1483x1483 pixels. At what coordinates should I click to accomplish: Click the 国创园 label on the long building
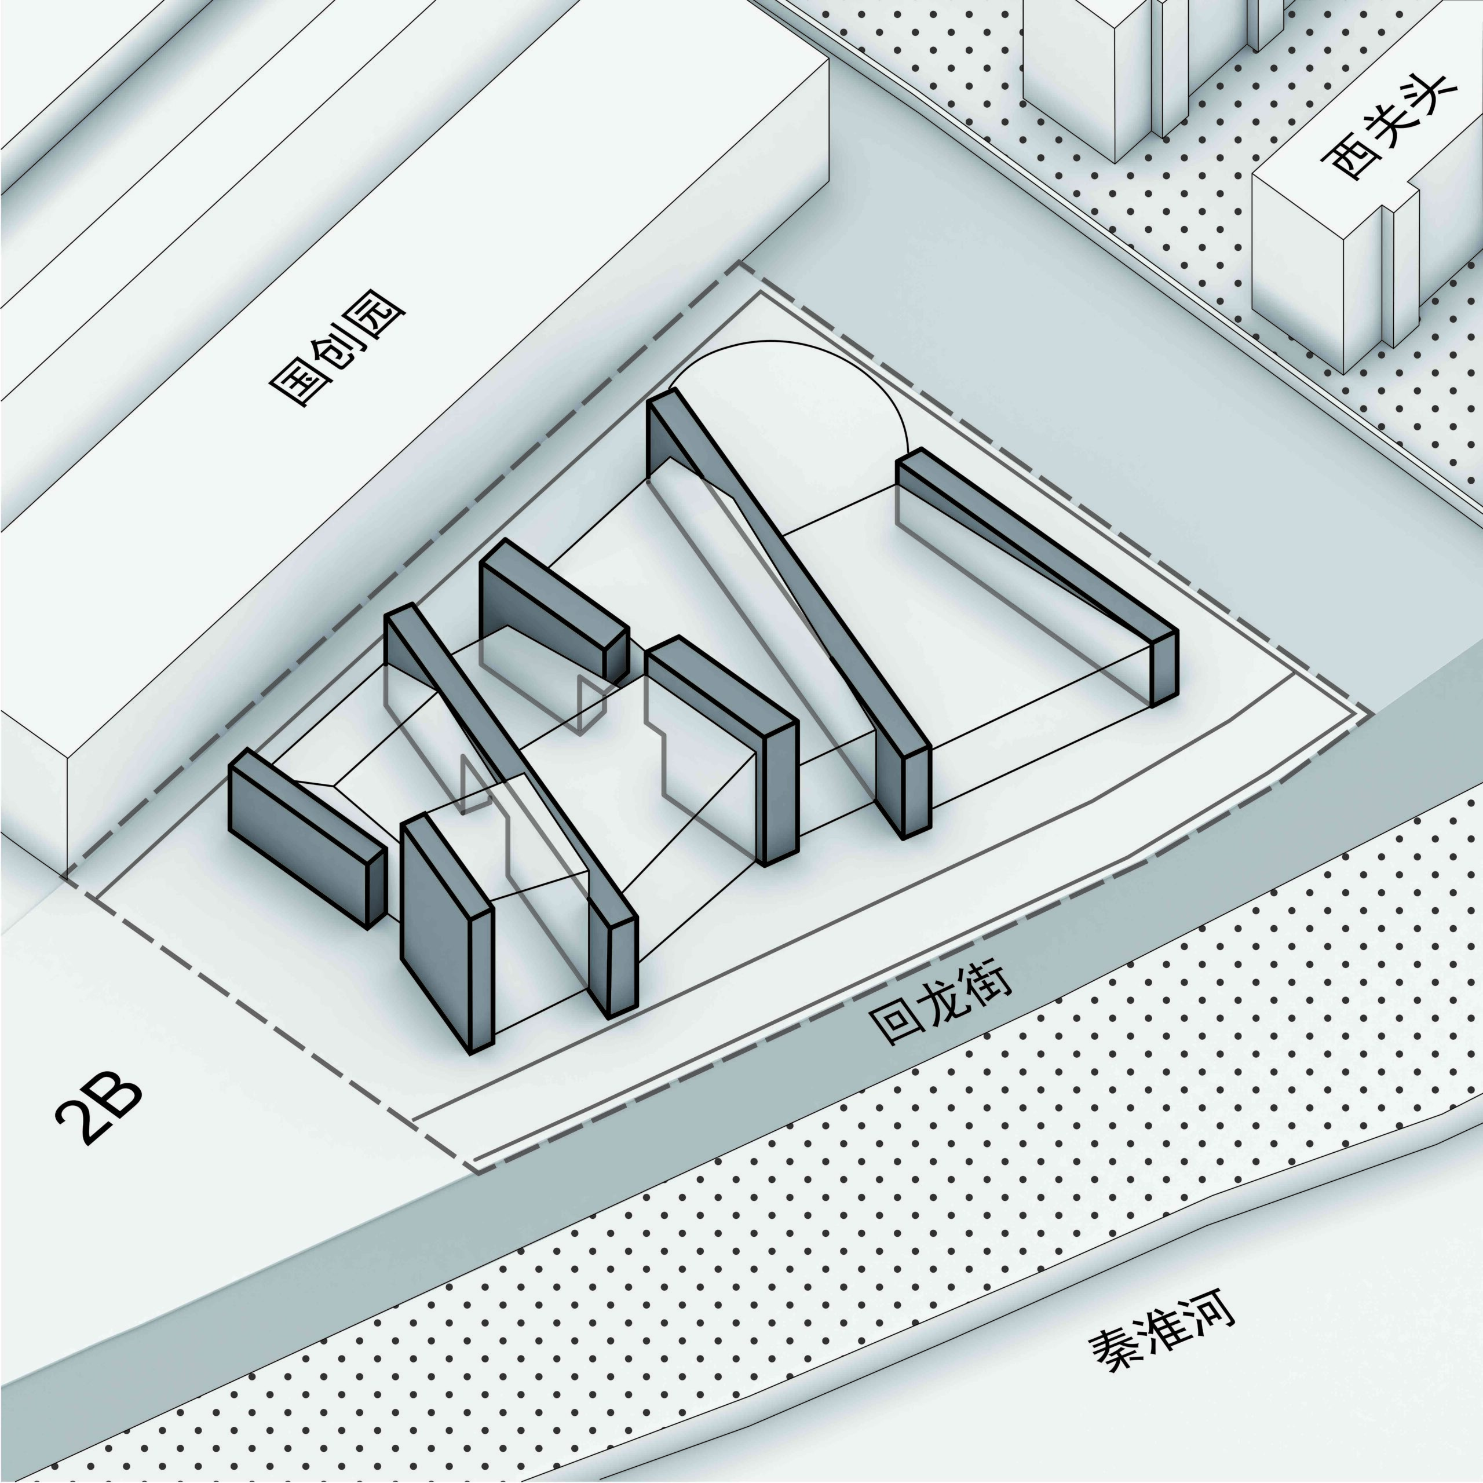(x=338, y=357)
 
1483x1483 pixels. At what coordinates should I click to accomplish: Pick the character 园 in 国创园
(x=382, y=331)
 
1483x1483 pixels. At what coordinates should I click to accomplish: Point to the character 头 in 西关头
(x=1429, y=98)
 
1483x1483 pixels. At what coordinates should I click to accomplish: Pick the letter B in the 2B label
(x=119, y=1098)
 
